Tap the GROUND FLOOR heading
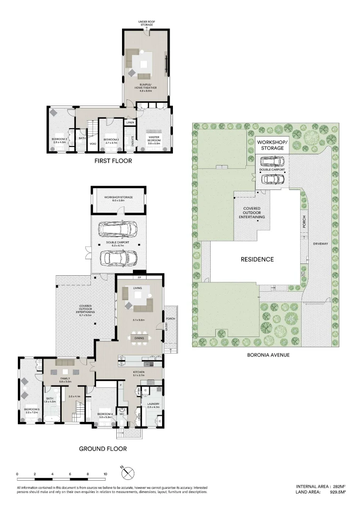pyautogui.click(x=103, y=449)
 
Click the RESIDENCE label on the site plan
pyautogui.click(x=257, y=259)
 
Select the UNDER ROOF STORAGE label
pyautogui.click(x=147, y=23)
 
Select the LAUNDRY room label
pyautogui.click(x=153, y=404)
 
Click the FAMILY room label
pyautogui.click(x=65, y=378)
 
